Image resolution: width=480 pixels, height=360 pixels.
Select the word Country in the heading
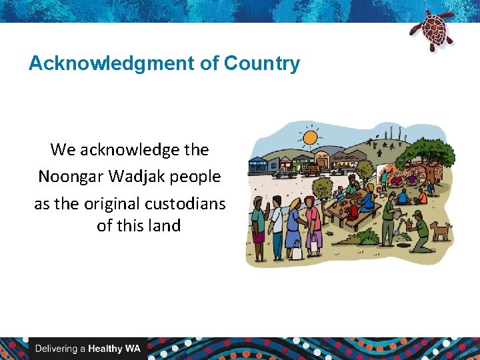pyautogui.click(x=262, y=64)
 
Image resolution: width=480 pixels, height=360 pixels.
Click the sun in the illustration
pyautogui.click(x=310, y=139)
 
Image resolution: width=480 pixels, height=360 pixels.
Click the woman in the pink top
pyautogui.click(x=311, y=220)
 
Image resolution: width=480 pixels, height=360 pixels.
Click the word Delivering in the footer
pyautogui.click(x=57, y=349)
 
